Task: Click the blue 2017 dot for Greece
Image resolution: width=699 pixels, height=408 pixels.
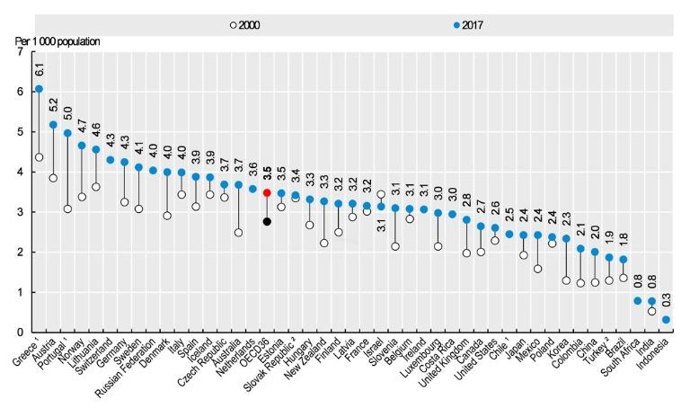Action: [38, 89]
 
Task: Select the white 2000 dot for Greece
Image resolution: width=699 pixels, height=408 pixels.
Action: [38, 157]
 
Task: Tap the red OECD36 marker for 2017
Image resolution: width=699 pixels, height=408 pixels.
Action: [267, 192]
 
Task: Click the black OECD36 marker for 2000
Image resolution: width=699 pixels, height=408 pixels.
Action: [267, 221]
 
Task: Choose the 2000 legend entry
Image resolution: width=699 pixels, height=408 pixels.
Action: [243, 24]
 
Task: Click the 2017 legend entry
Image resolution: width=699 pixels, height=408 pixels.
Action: [461, 24]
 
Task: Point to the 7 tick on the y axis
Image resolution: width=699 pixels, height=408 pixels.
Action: [20, 52]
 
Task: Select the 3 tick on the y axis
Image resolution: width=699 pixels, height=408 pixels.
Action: [20, 212]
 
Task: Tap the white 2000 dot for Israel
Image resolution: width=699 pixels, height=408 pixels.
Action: [382, 194]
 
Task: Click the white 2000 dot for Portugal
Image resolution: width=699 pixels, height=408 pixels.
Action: [67, 208]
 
